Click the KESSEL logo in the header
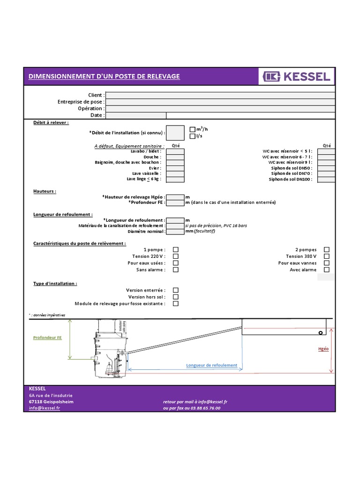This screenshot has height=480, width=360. click(297, 76)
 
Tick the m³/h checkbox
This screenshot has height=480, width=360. click(192, 129)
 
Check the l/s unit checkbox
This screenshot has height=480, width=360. click(192, 136)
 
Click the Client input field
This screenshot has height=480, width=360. click(220, 95)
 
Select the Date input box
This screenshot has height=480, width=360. click(136, 115)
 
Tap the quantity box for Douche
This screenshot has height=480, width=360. click(175, 157)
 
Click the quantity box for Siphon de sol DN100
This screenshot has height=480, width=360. click(326, 180)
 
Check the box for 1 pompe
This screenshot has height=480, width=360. click(176, 250)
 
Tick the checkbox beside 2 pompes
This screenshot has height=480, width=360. click(327, 250)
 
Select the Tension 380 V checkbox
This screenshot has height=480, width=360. click(327, 256)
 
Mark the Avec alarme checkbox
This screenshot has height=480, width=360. click(327, 270)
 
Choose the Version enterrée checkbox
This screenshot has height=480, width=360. click(176, 291)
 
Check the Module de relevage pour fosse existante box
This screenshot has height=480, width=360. click(176, 304)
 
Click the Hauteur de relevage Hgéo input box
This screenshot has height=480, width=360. click(175, 197)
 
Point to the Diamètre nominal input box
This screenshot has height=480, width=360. click(175, 232)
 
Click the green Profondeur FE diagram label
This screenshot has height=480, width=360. click(47, 337)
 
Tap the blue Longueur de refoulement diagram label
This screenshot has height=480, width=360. click(211, 366)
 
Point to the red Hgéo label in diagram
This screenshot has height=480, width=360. click(323, 349)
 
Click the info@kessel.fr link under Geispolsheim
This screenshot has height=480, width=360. click(45, 408)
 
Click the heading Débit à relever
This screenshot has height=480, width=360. click(51, 122)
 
